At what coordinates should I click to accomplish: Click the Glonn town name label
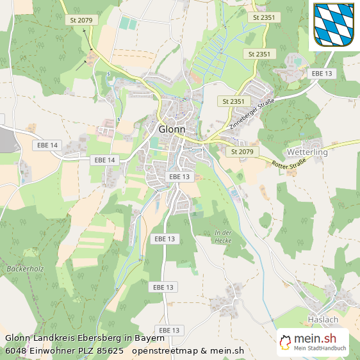point(172,129)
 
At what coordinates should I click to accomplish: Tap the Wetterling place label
point(307,152)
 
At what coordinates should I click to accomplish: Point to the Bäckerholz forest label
point(25,268)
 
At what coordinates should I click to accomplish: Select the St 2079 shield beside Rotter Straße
point(242,152)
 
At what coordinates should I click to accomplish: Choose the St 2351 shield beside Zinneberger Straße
point(233,101)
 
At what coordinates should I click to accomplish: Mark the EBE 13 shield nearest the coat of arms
point(322,74)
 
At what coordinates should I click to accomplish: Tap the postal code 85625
point(110,350)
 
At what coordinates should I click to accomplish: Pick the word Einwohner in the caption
point(54,350)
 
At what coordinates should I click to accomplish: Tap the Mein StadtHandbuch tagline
point(320,348)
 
